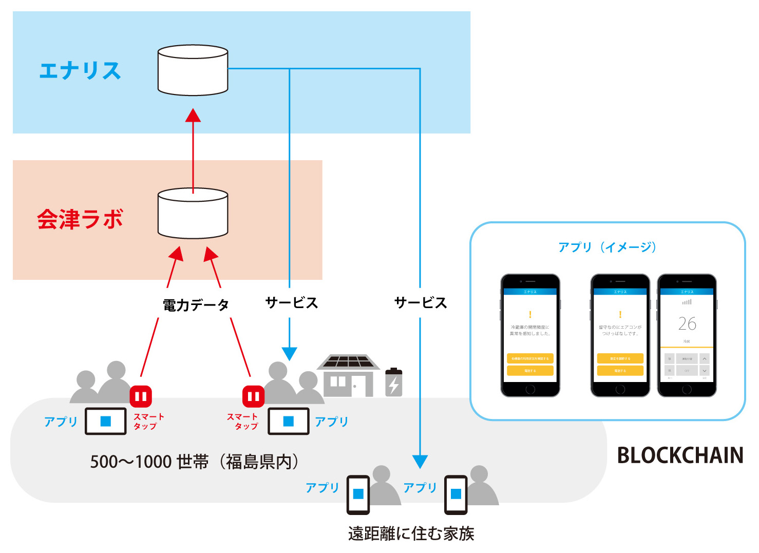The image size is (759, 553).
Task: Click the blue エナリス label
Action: coord(80,71)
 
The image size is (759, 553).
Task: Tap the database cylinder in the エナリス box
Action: coord(193,70)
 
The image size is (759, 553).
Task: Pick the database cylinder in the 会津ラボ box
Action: coord(193,213)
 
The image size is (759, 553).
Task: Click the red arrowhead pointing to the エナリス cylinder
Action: coord(193,116)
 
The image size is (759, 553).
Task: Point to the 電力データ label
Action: coord(196,305)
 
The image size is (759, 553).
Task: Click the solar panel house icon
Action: coord(348,376)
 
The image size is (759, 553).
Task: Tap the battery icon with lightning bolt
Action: coord(394,383)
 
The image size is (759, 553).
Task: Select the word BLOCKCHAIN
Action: coord(680,455)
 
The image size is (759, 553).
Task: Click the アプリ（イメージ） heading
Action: coord(608,247)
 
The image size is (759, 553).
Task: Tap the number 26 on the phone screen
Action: coord(687,323)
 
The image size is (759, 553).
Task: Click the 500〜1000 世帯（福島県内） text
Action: coord(194,462)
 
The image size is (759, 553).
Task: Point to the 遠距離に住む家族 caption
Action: coord(411,533)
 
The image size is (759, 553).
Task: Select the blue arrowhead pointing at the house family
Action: coord(290,354)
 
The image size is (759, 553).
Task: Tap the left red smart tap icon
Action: coord(141,396)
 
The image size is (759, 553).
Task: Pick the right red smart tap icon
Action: coord(253,396)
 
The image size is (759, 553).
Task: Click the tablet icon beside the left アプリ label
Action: coord(106,421)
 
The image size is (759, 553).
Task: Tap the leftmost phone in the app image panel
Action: coord(530,335)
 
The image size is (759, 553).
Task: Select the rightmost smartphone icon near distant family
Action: coord(456,494)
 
